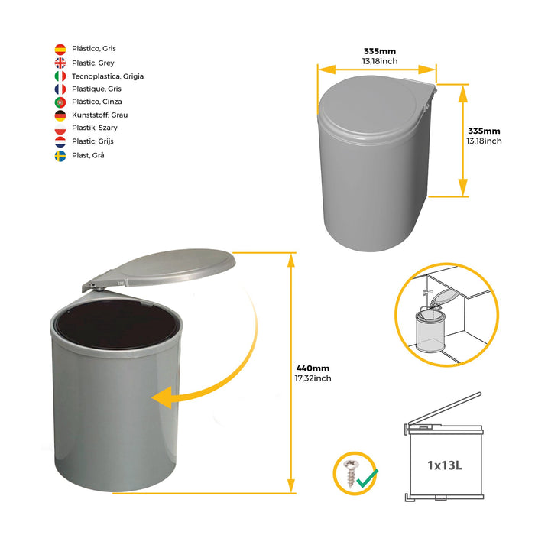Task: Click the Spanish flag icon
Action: coord(60,49)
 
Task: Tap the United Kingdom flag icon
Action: coord(60,63)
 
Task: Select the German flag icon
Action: coord(60,115)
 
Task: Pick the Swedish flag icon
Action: coord(60,155)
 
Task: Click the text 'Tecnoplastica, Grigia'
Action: coord(108,76)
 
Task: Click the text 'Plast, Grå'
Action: coord(88,155)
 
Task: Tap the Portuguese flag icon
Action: coord(60,102)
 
